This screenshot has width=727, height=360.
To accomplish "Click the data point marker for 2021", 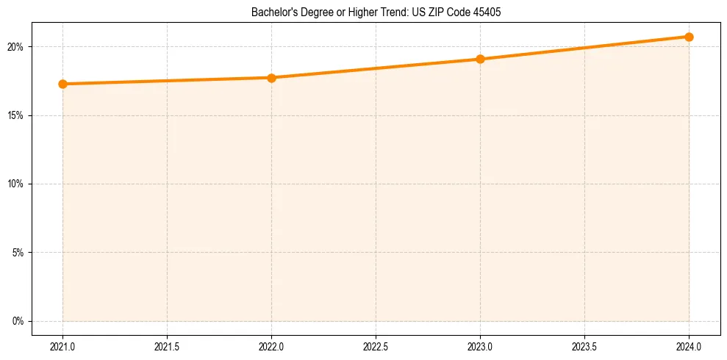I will pos(63,84).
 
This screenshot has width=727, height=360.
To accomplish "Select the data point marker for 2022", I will pos(271,77).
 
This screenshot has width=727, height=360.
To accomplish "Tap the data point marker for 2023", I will pos(480,59).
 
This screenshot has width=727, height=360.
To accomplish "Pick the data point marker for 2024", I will pos(689,37).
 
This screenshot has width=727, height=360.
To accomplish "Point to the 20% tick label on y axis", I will pos(16,47).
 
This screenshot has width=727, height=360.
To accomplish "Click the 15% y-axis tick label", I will pos(16,115).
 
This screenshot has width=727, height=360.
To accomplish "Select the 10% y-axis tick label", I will pos(16,184).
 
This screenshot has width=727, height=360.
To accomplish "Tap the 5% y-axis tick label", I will pos(18,253).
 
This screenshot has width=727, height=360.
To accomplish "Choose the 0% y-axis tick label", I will pos(18,321).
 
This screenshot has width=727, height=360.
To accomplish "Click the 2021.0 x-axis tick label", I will pos(63,345).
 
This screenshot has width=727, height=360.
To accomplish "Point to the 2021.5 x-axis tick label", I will pos(168,345).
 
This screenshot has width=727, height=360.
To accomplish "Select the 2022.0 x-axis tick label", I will pos(271,345).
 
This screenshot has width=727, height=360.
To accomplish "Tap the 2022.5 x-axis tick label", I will pos(376,345).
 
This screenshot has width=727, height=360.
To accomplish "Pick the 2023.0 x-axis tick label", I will pos(480,345).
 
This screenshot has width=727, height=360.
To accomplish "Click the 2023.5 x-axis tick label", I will pos(584,345).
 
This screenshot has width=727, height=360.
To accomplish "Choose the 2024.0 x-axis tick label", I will pos(689,345).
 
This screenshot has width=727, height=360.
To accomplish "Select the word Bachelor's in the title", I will pos(272,12).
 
